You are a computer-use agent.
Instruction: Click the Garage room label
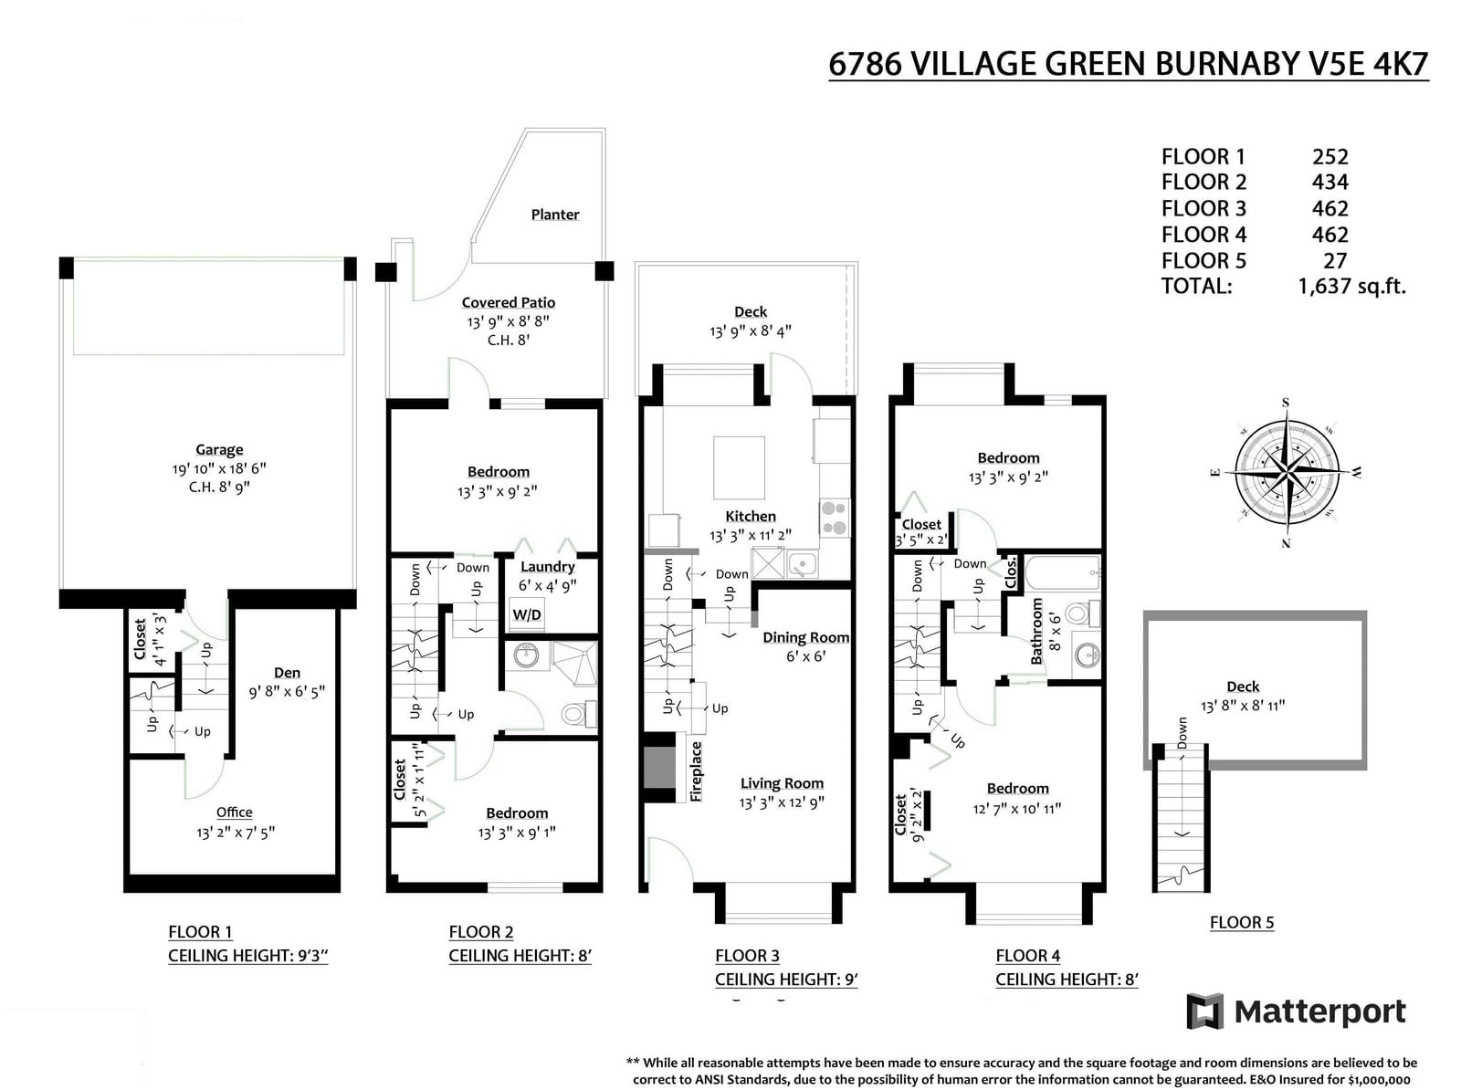[219, 450]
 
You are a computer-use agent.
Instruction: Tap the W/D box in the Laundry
[527, 614]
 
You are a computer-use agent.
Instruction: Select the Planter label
[555, 215]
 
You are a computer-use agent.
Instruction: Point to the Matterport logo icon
[1204, 1011]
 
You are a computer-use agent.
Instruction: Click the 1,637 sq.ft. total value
[1351, 286]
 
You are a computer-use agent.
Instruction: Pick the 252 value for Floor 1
[1330, 156]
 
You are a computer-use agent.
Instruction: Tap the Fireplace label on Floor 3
[696, 771]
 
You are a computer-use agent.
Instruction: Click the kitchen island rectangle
[739, 467]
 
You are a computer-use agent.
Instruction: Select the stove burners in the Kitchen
[835, 519]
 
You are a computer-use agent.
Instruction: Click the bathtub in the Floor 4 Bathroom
[1062, 573]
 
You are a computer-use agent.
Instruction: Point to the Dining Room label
[806, 637]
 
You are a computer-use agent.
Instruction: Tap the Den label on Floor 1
[287, 673]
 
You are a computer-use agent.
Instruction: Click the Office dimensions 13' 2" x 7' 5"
[236, 833]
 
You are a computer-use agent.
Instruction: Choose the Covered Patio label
[509, 302]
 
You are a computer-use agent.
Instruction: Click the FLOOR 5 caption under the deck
[1241, 922]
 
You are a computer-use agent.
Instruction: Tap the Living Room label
[782, 783]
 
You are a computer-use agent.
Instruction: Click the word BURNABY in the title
[1227, 64]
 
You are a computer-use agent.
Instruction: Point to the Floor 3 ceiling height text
[786, 980]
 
